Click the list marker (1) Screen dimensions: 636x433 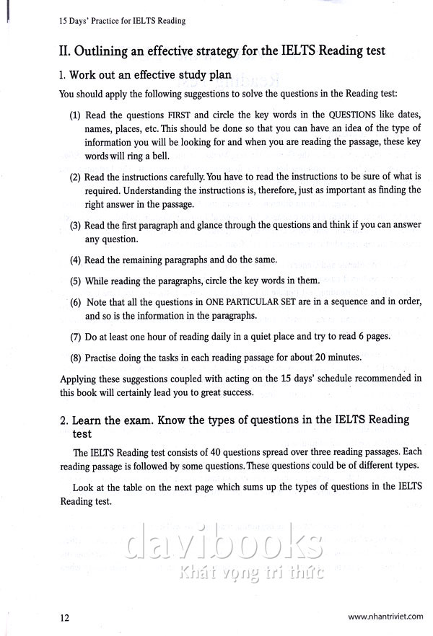tap(75, 115)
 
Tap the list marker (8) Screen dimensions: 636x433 tap(75, 356)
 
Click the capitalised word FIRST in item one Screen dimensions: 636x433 tap(180, 115)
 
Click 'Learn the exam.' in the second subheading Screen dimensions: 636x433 tap(111, 420)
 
